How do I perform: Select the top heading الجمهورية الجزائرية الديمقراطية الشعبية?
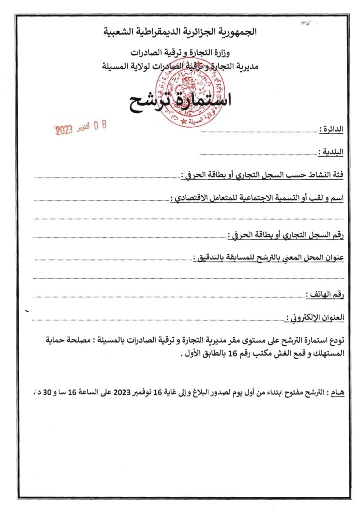tap(180, 32)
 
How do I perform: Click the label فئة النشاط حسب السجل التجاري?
tap(263, 175)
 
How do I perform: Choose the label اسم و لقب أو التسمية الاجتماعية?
tap(258, 198)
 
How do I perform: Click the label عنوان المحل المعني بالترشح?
tap(270, 257)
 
